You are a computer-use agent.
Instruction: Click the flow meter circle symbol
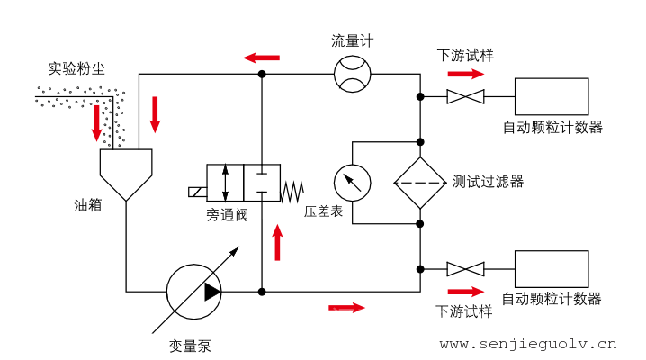(x=352, y=73)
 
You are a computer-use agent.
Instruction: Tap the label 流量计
(x=352, y=40)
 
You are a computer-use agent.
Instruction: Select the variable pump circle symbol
(x=193, y=291)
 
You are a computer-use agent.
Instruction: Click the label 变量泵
(x=191, y=344)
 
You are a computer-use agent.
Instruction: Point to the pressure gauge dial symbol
(x=352, y=184)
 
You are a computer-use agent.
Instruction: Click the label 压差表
(x=322, y=212)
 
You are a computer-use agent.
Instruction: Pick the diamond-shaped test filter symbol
(x=420, y=183)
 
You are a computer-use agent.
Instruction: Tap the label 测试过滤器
(x=489, y=182)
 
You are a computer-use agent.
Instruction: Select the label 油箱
(x=87, y=204)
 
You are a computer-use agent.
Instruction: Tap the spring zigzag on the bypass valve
(x=292, y=191)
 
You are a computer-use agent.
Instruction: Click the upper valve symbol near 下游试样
(x=466, y=96)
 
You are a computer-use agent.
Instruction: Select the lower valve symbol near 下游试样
(x=466, y=268)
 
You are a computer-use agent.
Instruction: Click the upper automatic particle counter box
(x=552, y=96)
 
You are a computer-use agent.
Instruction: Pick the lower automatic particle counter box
(x=552, y=268)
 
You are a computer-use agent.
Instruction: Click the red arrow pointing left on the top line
(x=261, y=58)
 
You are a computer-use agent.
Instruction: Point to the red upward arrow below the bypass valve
(x=277, y=242)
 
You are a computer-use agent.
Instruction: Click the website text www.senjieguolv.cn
(x=528, y=343)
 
